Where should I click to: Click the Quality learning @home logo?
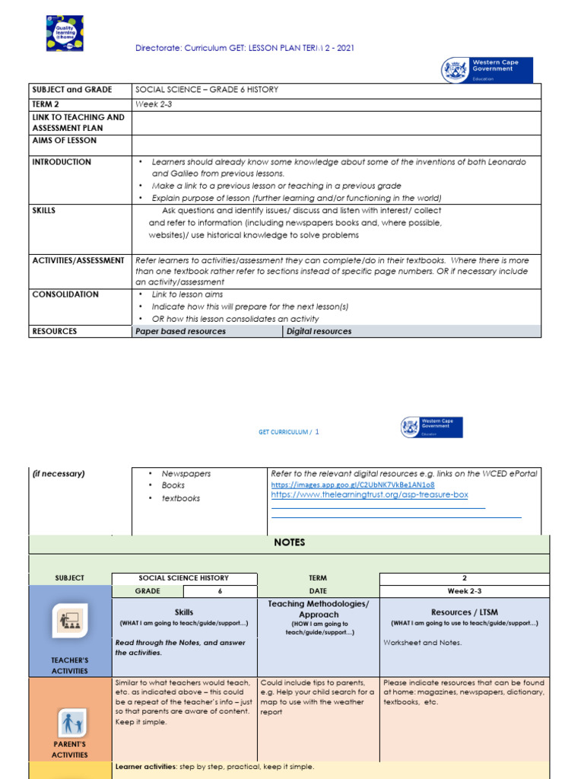click(65, 33)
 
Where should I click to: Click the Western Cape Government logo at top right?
click(487, 69)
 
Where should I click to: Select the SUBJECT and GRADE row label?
click(71, 90)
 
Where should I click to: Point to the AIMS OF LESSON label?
click(64, 141)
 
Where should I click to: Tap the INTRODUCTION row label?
click(62, 162)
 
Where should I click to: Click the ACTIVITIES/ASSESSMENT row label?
click(78, 260)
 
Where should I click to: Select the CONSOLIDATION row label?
click(65, 294)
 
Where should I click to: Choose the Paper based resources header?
click(180, 331)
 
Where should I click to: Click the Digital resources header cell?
click(319, 331)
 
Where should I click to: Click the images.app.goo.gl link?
click(353, 485)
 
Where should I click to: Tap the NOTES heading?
click(288, 542)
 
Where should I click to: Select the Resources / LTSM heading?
click(464, 612)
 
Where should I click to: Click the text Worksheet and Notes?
click(422, 643)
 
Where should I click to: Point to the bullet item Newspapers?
click(186, 473)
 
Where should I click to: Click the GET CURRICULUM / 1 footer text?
click(289, 431)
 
